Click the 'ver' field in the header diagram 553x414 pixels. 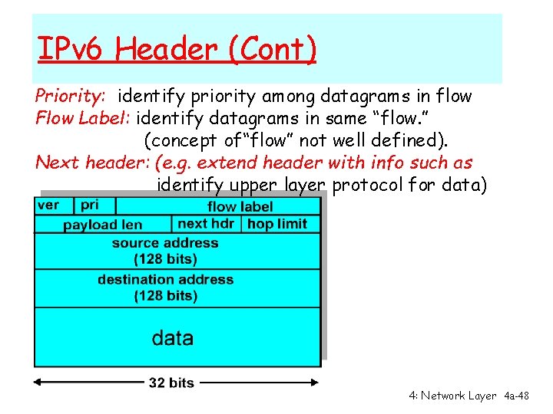click(48, 205)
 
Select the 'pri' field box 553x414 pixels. click(91, 205)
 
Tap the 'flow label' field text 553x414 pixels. click(240, 206)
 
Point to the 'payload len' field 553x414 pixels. click(102, 225)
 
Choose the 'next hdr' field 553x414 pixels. click(206, 224)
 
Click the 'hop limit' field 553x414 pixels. click(277, 224)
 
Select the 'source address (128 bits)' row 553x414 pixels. click(165, 251)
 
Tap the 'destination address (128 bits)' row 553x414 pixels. click(165, 287)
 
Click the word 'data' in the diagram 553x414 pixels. click(173, 338)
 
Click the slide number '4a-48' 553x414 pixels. click(517, 396)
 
